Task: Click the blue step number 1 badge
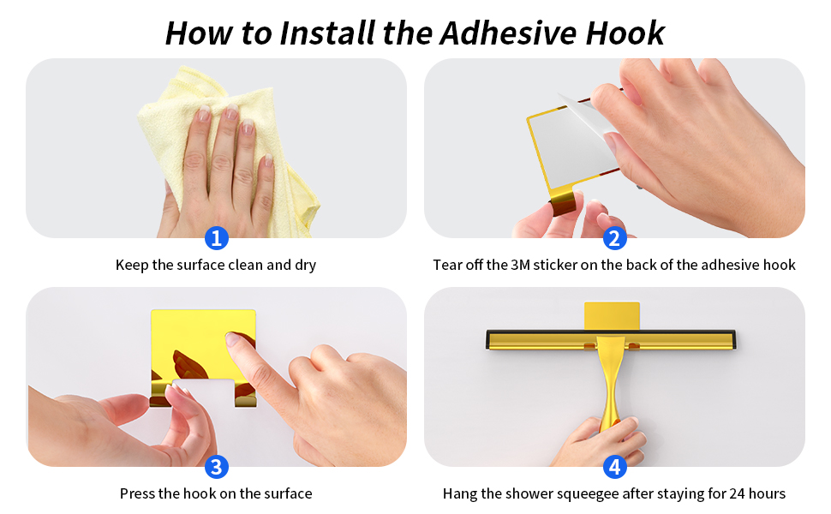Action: pos(217,238)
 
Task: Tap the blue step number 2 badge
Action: pos(614,238)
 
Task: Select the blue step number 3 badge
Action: pos(217,467)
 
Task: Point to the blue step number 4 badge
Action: pos(614,467)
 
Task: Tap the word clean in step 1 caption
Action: pos(246,266)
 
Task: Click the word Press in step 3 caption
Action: pos(138,493)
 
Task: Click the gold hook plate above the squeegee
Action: pos(612,314)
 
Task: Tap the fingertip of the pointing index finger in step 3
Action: pos(233,340)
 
